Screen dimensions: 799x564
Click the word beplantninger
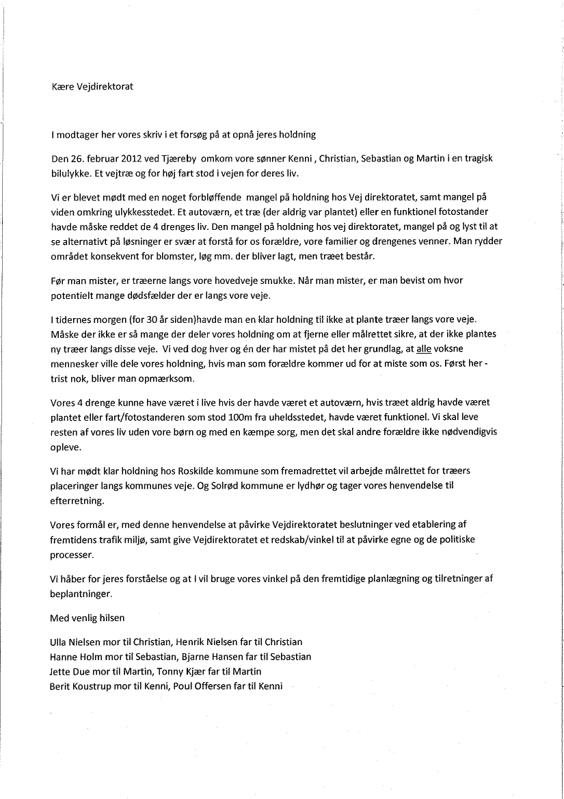[x=80, y=592]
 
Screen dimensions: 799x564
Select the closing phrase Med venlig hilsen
[x=88, y=618]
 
